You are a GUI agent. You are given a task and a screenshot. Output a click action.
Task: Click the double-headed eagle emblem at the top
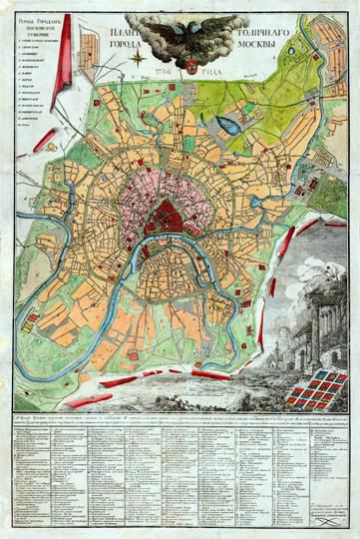[x=180, y=39]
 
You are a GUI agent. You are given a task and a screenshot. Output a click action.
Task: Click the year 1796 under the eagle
[x=163, y=70]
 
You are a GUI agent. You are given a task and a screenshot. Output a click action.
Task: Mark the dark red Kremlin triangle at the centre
[x=163, y=214]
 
